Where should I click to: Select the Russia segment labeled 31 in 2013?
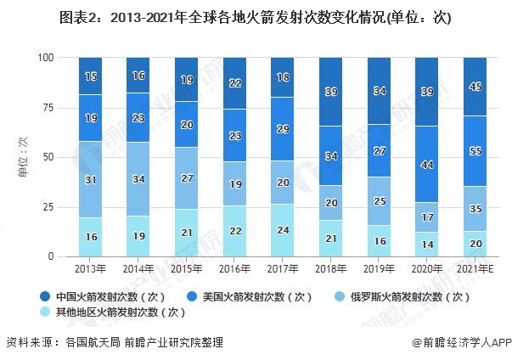(x=90, y=179)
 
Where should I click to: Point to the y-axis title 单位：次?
(x=22, y=158)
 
